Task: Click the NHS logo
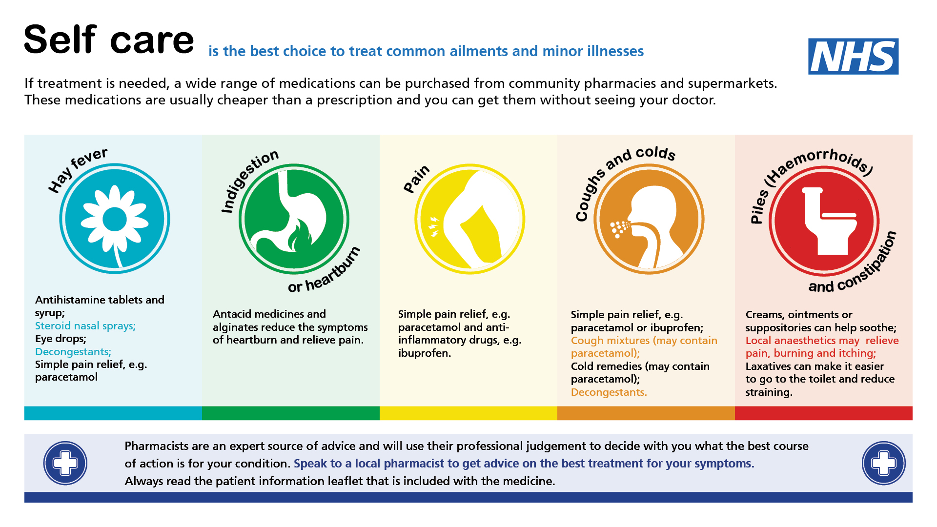(x=853, y=57)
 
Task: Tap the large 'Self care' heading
(x=109, y=40)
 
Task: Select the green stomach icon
(x=294, y=219)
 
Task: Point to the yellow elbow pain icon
(x=469, y=219)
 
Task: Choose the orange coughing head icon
(x=649, y=219)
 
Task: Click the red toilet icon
(x=824, y=221)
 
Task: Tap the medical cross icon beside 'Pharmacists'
(x=65, y=463)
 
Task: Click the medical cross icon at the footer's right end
(x=884, y=463)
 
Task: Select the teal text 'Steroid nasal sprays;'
(x=85, y=326)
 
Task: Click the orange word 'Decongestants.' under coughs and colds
(x=609, y=392)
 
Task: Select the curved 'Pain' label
(x=416, y=179)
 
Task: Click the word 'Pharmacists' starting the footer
(x=156, y=446)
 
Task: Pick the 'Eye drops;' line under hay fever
(x=61, y=339)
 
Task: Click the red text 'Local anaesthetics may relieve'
(x=822, y=341)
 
